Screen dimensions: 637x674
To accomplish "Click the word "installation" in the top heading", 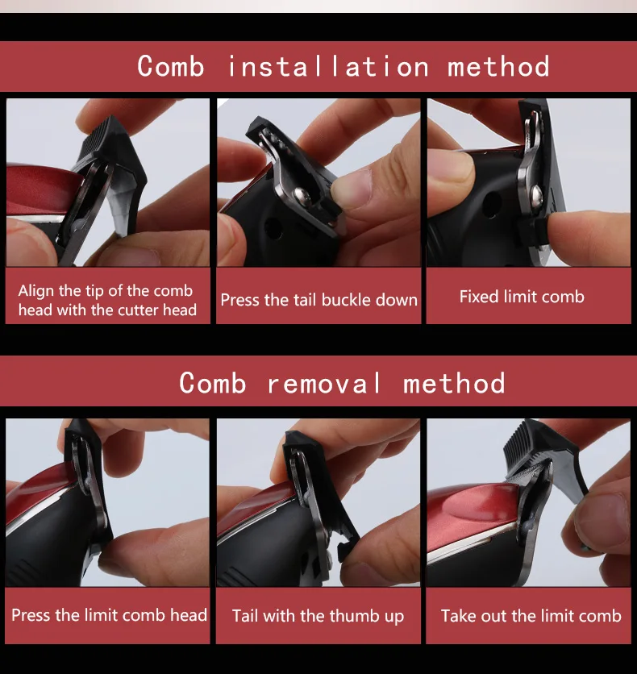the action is click(x=328, y=67).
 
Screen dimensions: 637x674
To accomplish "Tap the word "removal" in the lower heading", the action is click(x=324, y=383).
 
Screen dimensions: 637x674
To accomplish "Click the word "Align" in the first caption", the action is click(x=36, y=291).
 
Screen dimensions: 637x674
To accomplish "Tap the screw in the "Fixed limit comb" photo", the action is click(x=535, y=196).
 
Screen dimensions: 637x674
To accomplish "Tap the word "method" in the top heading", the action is click(x=498, y=67).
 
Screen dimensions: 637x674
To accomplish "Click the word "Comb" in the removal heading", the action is click(x=213, y=383).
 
